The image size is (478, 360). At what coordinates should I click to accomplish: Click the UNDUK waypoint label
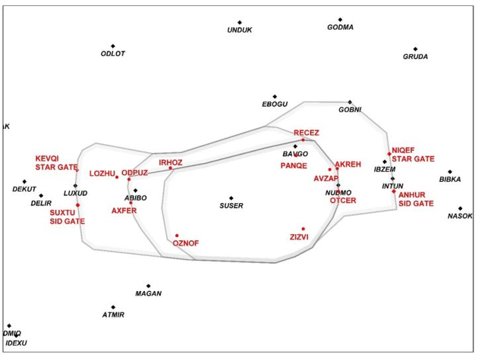(240, 30)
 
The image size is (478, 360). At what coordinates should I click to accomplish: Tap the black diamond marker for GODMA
(340, 20)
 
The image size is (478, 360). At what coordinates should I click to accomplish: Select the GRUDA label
(415, 57)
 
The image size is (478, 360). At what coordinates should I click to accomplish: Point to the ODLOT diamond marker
(113, 46)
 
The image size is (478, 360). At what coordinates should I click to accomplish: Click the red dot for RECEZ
(303, 140)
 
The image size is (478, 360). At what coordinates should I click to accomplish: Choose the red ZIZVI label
(299, 236)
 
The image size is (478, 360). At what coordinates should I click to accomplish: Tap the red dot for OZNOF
(177, 236)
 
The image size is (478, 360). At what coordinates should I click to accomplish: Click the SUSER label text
(231, 206)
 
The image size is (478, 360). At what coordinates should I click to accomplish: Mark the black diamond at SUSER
(231, 198)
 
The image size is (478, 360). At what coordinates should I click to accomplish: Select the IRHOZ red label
(170, 162)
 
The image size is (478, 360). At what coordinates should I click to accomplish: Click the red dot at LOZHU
(117, 177)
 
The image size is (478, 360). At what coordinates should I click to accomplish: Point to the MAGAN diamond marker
(148, 286)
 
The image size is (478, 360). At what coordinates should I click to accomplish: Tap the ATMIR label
(113, 315)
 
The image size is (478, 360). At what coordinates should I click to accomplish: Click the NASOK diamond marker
(460, 208)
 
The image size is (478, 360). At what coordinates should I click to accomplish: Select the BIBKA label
(450, 179)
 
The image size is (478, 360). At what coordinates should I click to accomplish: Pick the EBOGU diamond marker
(275, 97)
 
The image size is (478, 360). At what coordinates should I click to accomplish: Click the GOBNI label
(350, 110)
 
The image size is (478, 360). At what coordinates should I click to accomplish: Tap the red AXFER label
(124, 210)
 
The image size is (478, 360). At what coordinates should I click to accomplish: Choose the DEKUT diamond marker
(24, 181)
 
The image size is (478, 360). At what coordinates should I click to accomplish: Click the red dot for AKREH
(337, 168)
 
